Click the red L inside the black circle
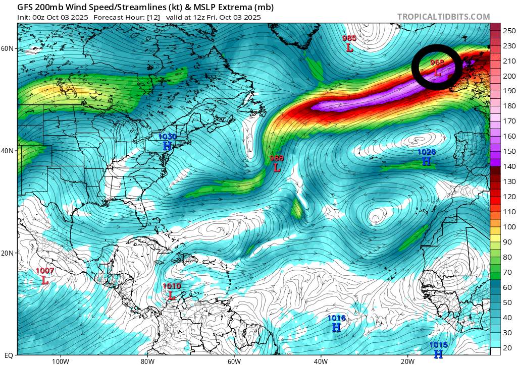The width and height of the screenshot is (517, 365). [x=438, y=72]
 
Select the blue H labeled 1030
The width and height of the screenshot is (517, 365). [x=167, y=146]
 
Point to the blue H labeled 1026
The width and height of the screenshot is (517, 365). [x=427, y=161]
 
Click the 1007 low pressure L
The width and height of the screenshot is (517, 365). [x=45, y=280]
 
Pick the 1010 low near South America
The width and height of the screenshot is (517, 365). [x=171, y=295]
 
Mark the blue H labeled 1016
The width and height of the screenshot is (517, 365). [x=336, y=327]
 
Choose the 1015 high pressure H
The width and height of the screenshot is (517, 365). [x=438, y=354]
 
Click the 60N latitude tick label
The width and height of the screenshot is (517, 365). [x=8, y=48]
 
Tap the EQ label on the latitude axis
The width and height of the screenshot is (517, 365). [x=8, y=355]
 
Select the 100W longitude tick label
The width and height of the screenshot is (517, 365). [x=60, y=361]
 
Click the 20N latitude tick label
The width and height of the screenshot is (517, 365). [x=8, y=253]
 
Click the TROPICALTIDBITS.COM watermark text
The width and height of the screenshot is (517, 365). [x=443, y=17]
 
